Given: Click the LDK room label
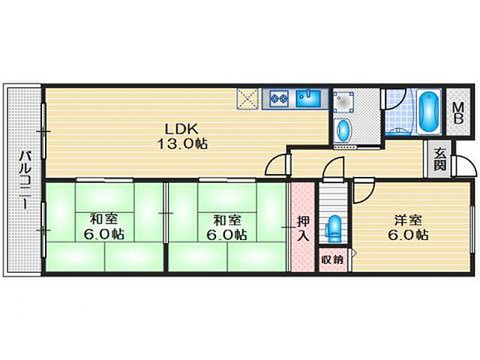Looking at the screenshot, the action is (181, 129).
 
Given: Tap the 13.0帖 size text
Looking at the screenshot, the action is (182, 144).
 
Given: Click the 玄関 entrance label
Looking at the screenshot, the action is (439, 159).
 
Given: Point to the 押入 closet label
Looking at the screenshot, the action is (303, 228).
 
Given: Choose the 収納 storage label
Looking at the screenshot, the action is (333, 260).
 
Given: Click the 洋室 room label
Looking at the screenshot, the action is (408, 220).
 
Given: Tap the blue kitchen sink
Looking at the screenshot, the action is (308, 98).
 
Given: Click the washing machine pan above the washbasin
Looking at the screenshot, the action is (343, 103).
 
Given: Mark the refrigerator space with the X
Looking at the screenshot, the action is (247, 98).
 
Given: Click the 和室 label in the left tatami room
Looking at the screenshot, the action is (103, 220).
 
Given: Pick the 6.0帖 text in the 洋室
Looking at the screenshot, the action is (408, 235).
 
